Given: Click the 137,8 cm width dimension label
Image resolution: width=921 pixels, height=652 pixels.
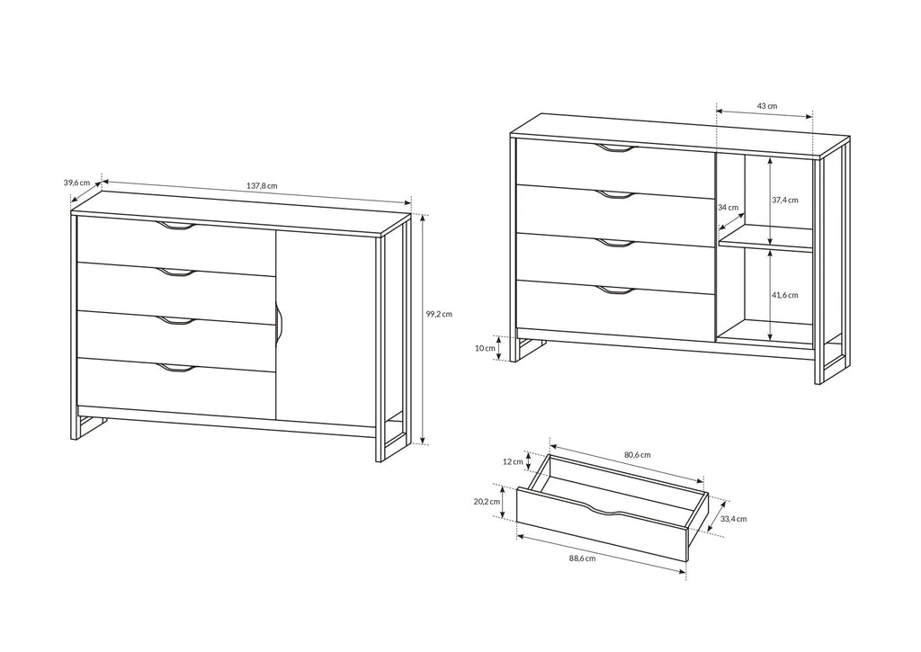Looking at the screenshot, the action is tap(262, 185).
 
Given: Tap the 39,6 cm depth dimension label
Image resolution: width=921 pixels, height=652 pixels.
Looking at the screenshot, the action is tap(77, 183).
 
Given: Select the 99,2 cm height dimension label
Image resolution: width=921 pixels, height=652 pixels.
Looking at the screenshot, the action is tap(439, 314).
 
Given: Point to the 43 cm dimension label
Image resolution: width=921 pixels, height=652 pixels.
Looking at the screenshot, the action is tap(766, 106).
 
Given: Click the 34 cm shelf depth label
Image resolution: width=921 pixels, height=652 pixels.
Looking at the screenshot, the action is tap(728, 207).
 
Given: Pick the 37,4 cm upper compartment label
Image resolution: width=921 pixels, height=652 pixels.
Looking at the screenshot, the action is tap(784, 200).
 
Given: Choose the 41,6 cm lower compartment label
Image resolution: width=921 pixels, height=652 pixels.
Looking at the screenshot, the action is tap(784, 295).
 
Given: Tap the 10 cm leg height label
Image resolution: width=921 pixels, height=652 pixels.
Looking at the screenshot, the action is tap(485, 348).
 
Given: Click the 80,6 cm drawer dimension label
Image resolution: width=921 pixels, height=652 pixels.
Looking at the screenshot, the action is tap(638, 455).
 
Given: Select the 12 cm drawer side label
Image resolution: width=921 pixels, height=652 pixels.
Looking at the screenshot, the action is tap(513, 461).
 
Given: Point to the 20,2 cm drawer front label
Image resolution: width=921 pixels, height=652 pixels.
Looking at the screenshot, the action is tap(487, 502).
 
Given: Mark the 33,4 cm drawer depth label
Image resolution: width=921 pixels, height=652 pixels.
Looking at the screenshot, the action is tap(734, 519).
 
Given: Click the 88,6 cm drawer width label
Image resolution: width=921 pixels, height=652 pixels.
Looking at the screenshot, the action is tap(582, 558).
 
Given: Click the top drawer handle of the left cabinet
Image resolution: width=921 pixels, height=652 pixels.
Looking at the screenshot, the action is tap(177, 226).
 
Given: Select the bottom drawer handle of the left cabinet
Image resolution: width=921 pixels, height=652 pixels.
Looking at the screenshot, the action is tap(177, 368).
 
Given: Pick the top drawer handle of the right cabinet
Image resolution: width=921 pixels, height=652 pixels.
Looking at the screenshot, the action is tap(615, 148).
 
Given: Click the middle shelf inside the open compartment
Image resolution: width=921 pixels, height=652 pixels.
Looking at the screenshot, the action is tap(765, 239).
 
